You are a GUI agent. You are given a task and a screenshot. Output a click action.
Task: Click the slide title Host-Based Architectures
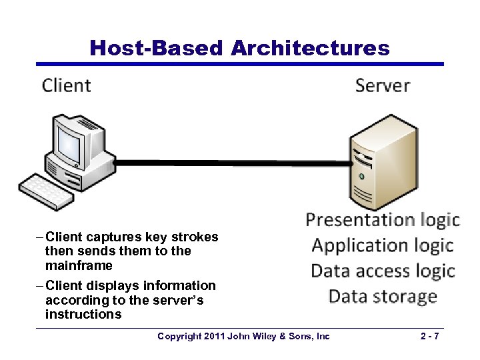coord(239,48)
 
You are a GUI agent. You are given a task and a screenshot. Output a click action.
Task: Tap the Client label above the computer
coord(66,85)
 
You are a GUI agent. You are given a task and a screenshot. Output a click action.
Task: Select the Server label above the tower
coord(382,85)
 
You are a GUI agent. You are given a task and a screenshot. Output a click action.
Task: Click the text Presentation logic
coord(382,220)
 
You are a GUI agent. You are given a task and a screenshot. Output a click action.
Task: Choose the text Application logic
coord(382,245)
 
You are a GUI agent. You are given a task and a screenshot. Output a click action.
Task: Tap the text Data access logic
coord(382,271)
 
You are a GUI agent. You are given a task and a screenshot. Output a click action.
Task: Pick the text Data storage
coord(382,296)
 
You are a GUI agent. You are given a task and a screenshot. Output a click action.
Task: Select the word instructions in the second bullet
coord(83,314)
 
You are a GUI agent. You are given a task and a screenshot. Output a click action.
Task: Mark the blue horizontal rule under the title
coord(239,64)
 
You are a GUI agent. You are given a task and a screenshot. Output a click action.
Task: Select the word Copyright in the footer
coord(179,337)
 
